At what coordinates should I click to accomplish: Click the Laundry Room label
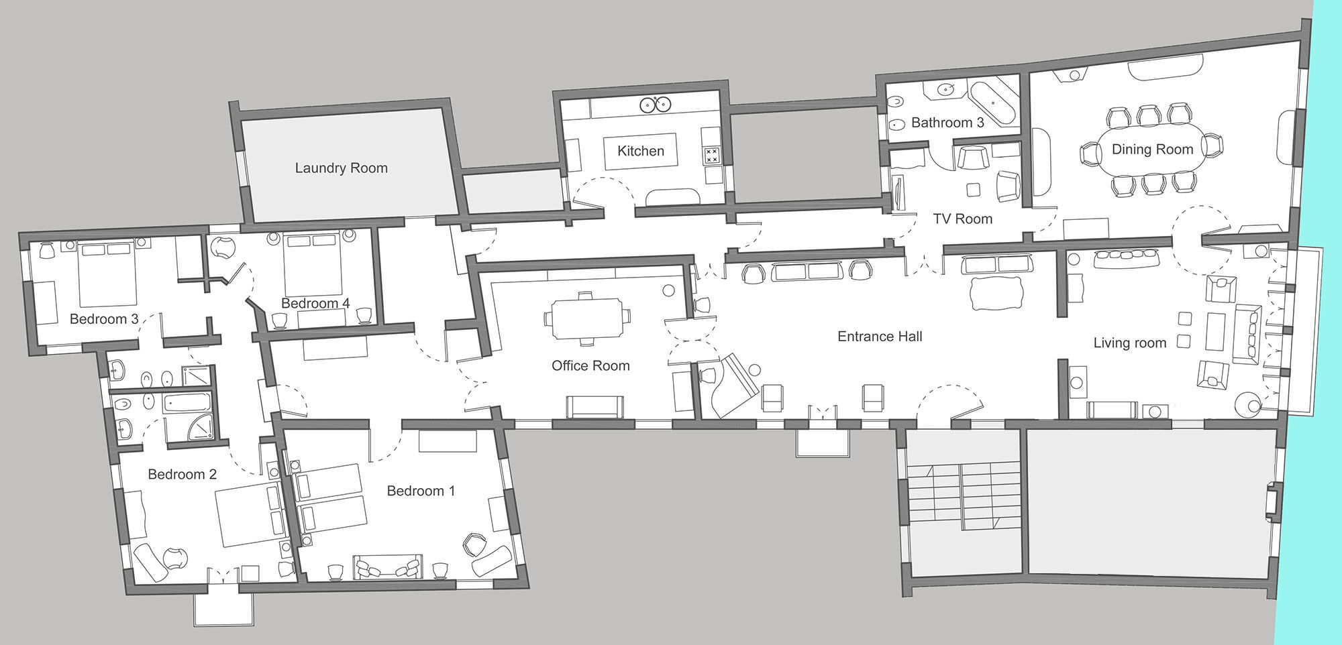tap(342, 168)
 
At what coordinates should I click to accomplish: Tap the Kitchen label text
tap(641, 151)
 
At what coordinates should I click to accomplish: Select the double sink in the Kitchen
tap(656, 105)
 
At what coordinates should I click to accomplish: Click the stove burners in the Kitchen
tap(711, 156)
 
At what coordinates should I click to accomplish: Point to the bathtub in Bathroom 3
tap(994, 104)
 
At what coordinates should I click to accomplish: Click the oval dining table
tap(1152, 150)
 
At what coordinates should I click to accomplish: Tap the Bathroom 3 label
tap(947, 123)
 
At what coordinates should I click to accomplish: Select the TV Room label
tap(962, 219)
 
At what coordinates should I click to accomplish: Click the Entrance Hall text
tap(880, 337)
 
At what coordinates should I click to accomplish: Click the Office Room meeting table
tap(588, 318)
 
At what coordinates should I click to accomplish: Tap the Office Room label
tap(590, 365)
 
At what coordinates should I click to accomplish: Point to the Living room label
tap(1130, 343)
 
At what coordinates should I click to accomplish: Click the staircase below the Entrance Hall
tap(963, 496)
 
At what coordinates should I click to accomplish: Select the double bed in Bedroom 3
tap(107, 273)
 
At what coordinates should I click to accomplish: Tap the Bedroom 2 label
tap(182, 475)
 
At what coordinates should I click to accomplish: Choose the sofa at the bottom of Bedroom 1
tap(389, 567)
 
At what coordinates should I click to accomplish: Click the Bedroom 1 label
tap(421, 491)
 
